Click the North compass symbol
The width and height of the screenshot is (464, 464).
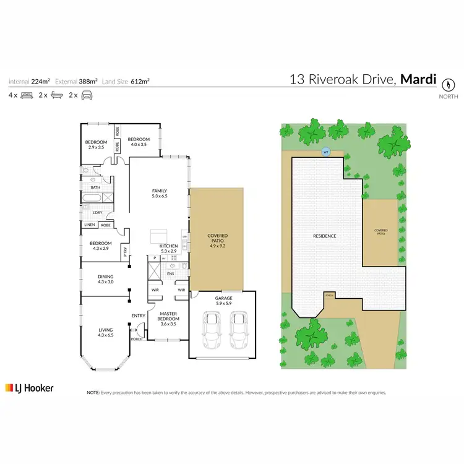pos(449,83)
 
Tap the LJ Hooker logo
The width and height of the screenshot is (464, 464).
pos(30,388)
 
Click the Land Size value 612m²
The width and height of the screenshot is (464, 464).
pos(140,81)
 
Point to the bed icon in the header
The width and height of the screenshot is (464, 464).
pos(27,95)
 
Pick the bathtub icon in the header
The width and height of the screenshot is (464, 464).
pos(57,95)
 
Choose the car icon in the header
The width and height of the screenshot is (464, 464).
pos(87,95)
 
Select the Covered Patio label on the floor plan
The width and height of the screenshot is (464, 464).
pos(217,239)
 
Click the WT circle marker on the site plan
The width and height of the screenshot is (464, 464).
pos(325,152)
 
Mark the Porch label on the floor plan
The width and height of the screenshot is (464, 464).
pos(135,339)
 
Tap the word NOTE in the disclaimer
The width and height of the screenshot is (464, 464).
pos(93,392)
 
